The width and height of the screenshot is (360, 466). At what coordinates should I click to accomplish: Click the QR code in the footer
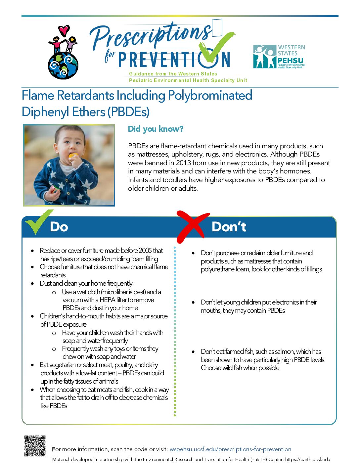coord(35,446)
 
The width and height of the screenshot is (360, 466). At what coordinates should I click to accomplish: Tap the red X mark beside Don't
coord(193,227)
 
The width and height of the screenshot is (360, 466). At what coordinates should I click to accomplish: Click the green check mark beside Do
coord(39,221)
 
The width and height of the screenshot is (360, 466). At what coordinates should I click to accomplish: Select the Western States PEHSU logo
coord(279,57)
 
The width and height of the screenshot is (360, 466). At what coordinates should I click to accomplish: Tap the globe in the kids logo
coord(63,66)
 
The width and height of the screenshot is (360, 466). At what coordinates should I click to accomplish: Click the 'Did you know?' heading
coord(156,129)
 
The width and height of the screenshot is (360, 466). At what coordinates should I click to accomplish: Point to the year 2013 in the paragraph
coord(183,163)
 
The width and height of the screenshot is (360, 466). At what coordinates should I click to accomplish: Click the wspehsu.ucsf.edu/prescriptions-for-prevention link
coord(230,449)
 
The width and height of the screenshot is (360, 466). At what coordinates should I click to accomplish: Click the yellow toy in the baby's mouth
coord(73,156)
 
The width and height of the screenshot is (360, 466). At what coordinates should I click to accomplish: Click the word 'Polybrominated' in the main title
coord(210,95)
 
